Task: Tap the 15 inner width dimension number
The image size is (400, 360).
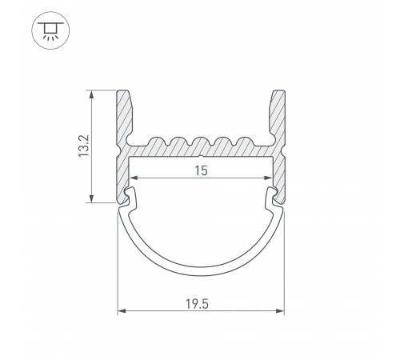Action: (201, 170)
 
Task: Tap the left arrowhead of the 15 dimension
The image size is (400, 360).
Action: (133, 178)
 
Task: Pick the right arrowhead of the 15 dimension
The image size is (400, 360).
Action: (269, 178)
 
